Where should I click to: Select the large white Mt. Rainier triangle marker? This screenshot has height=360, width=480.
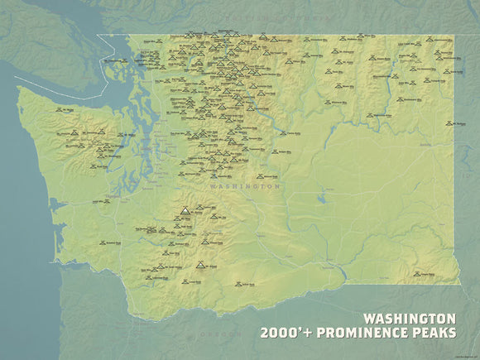point(184,210)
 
